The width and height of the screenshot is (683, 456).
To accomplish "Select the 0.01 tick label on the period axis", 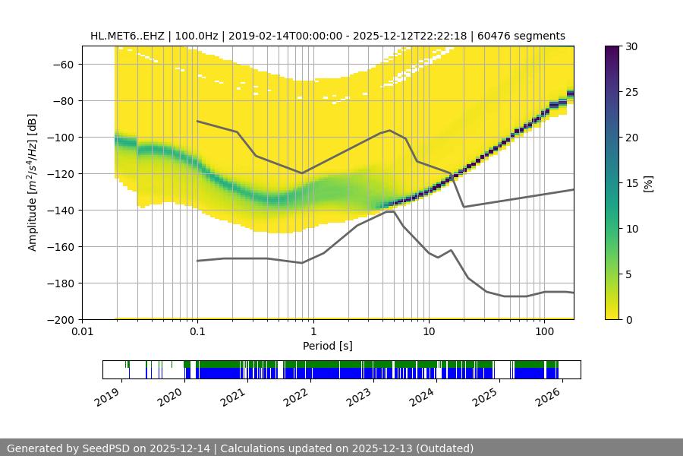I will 82,332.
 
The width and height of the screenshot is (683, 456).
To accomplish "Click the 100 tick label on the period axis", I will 544,332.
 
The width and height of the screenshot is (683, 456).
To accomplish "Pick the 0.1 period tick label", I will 197,332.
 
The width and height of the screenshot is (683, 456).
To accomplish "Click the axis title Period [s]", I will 328,346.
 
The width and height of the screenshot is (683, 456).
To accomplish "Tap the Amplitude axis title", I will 33,182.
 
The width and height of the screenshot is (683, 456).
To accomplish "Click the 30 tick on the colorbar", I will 632,46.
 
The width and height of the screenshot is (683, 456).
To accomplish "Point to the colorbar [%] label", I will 648,183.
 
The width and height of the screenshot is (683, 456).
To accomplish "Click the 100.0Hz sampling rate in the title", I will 197,36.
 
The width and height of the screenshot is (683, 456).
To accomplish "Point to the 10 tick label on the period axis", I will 429,332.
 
